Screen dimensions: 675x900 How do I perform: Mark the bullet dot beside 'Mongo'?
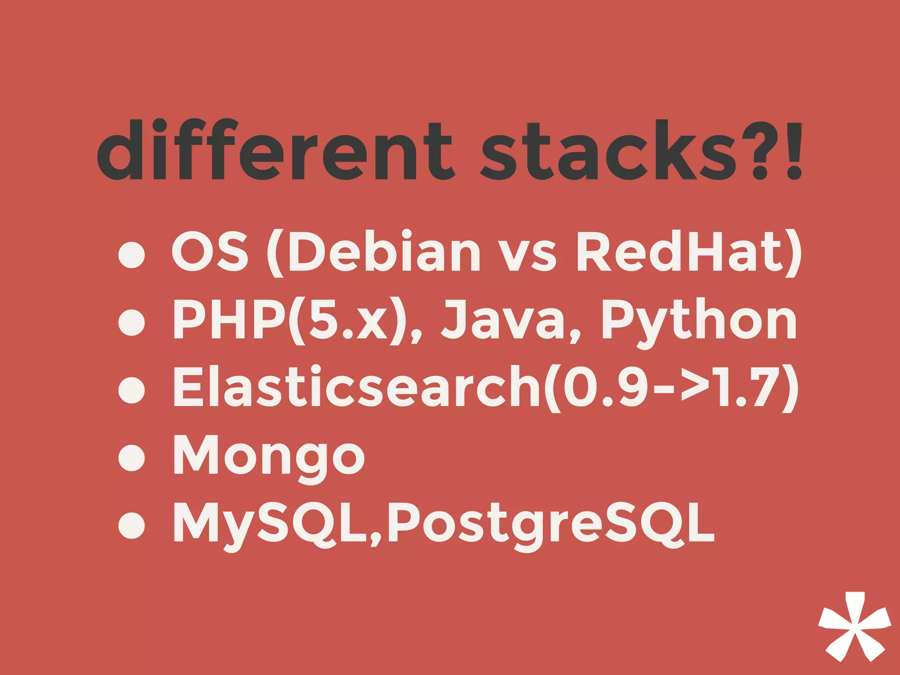tap(132, 457)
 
